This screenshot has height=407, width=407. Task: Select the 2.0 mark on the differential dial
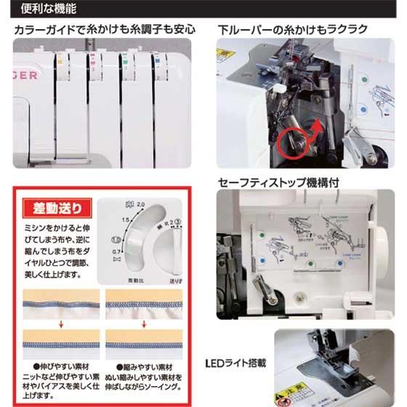tap(141, 206)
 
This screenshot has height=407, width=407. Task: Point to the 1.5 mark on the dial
tap(125, 219)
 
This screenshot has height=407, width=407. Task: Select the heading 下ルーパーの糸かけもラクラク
tap(292, 31)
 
